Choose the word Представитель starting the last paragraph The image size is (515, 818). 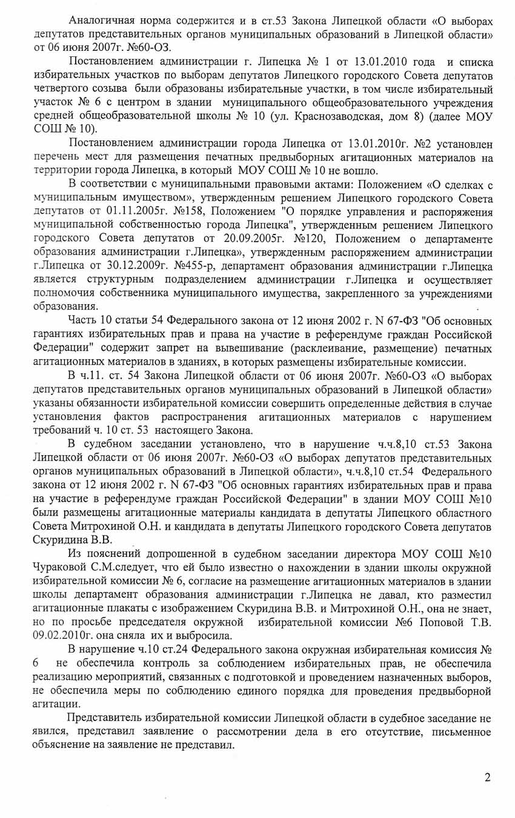(105, 719)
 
